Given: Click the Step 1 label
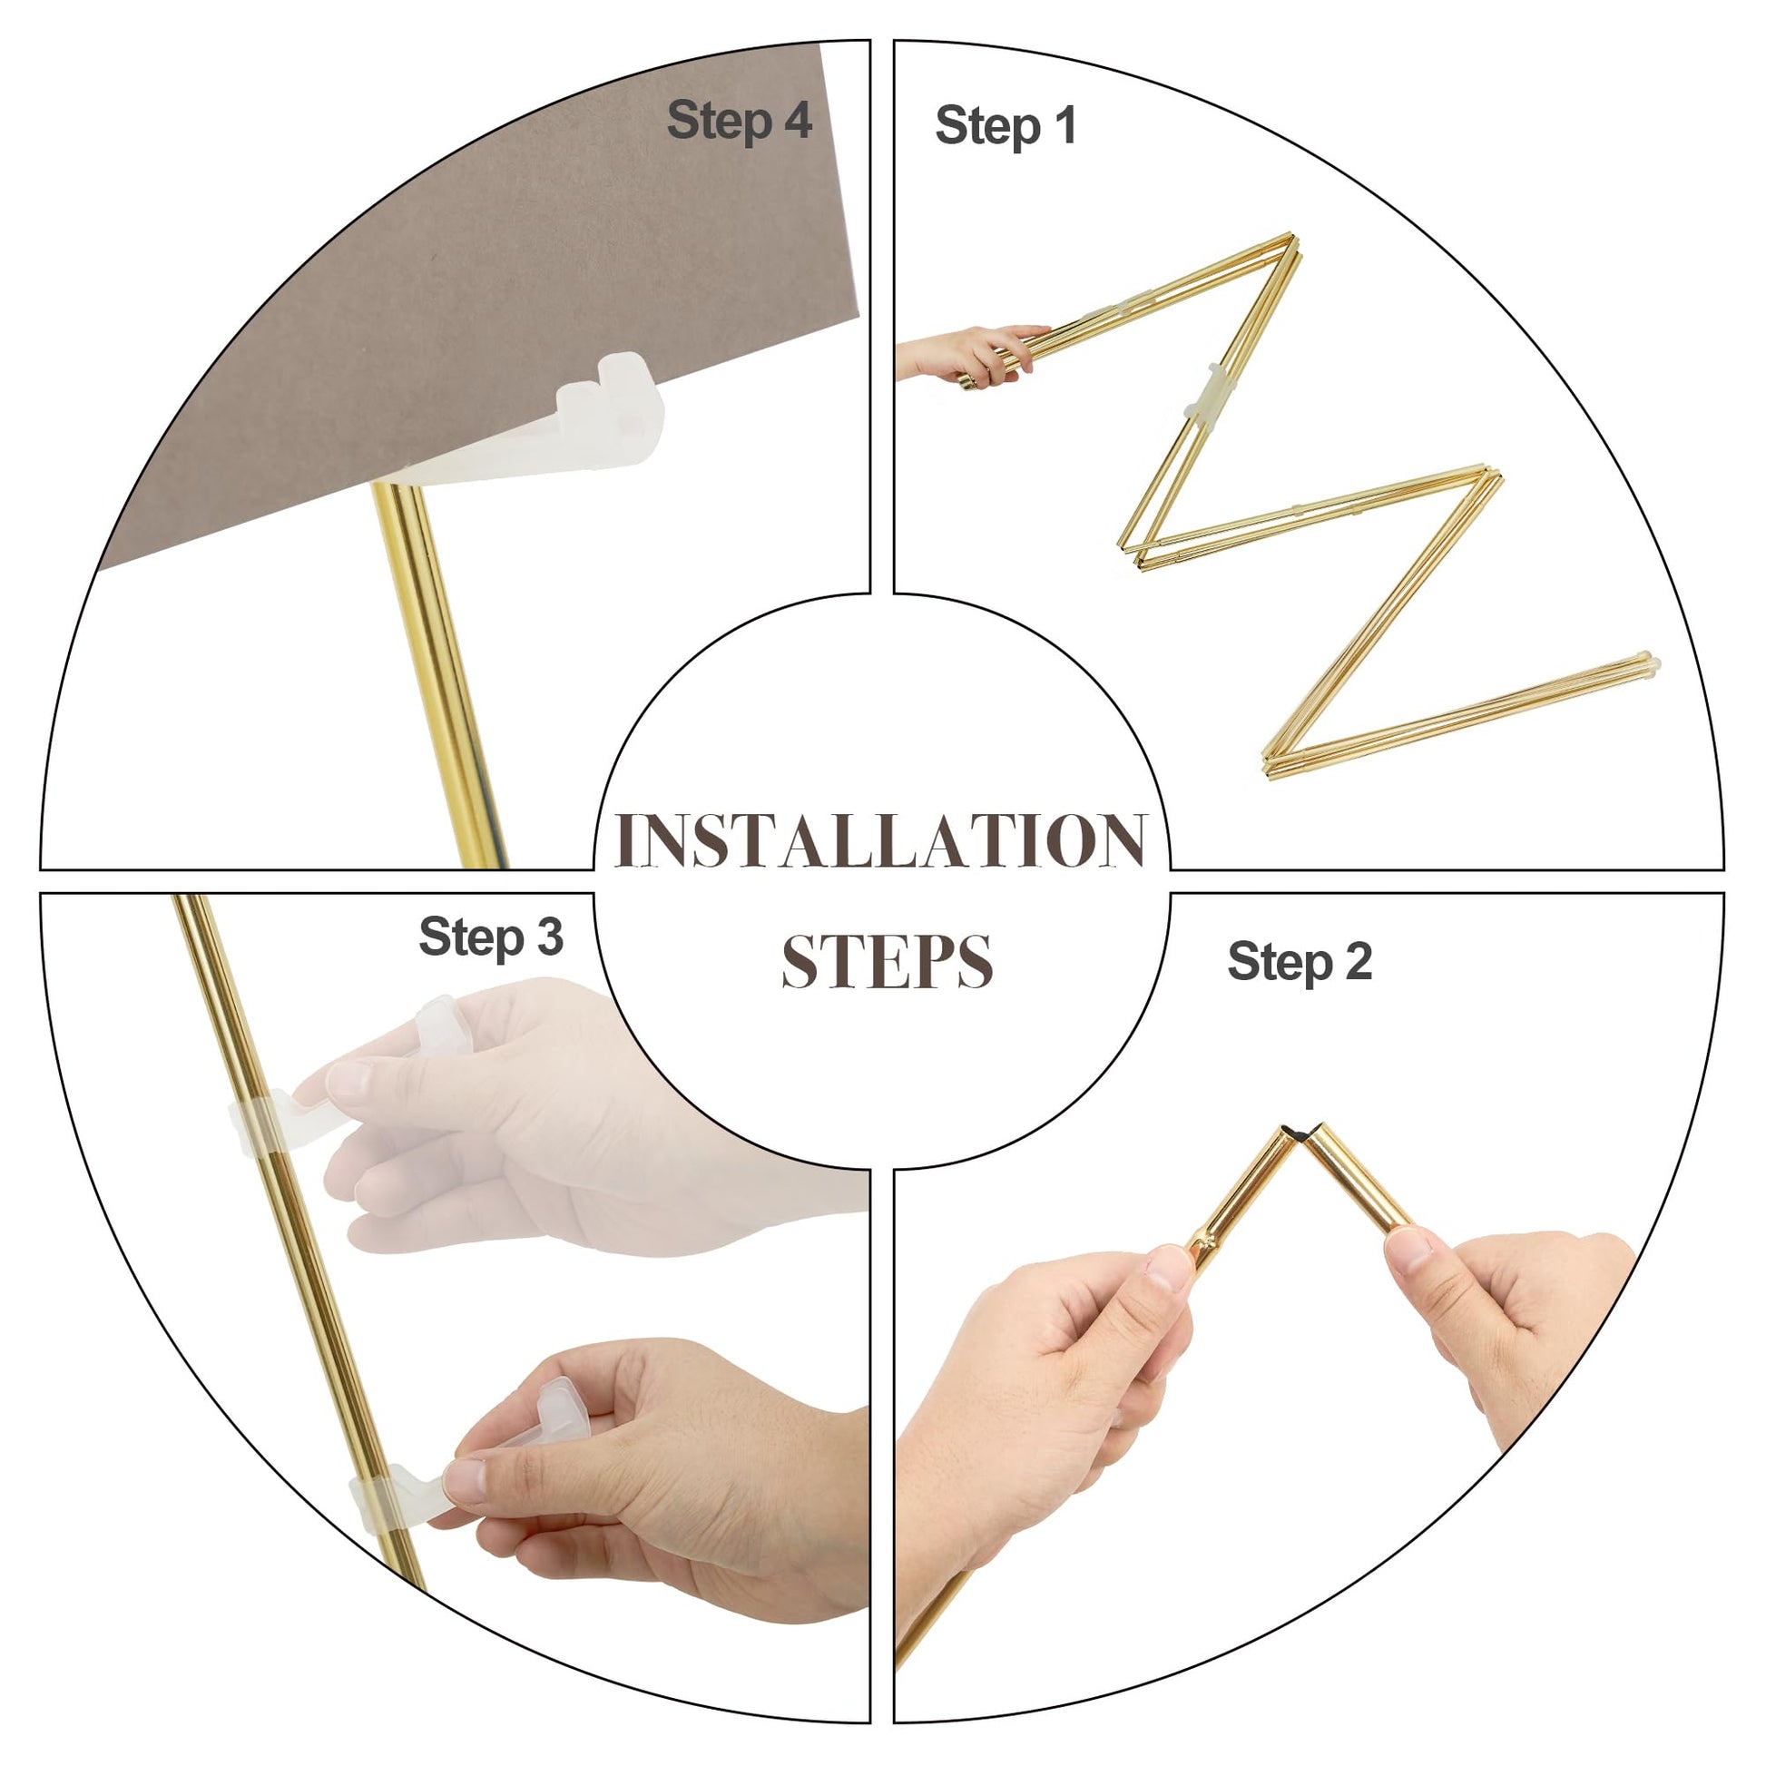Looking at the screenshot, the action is tap(1006, 125).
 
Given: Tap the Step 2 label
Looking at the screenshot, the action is tap(1299, 962).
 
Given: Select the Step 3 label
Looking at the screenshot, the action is tap(491, 937).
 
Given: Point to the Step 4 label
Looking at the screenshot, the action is tap(740, 121).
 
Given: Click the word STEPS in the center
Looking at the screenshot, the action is tap(887, 962).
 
